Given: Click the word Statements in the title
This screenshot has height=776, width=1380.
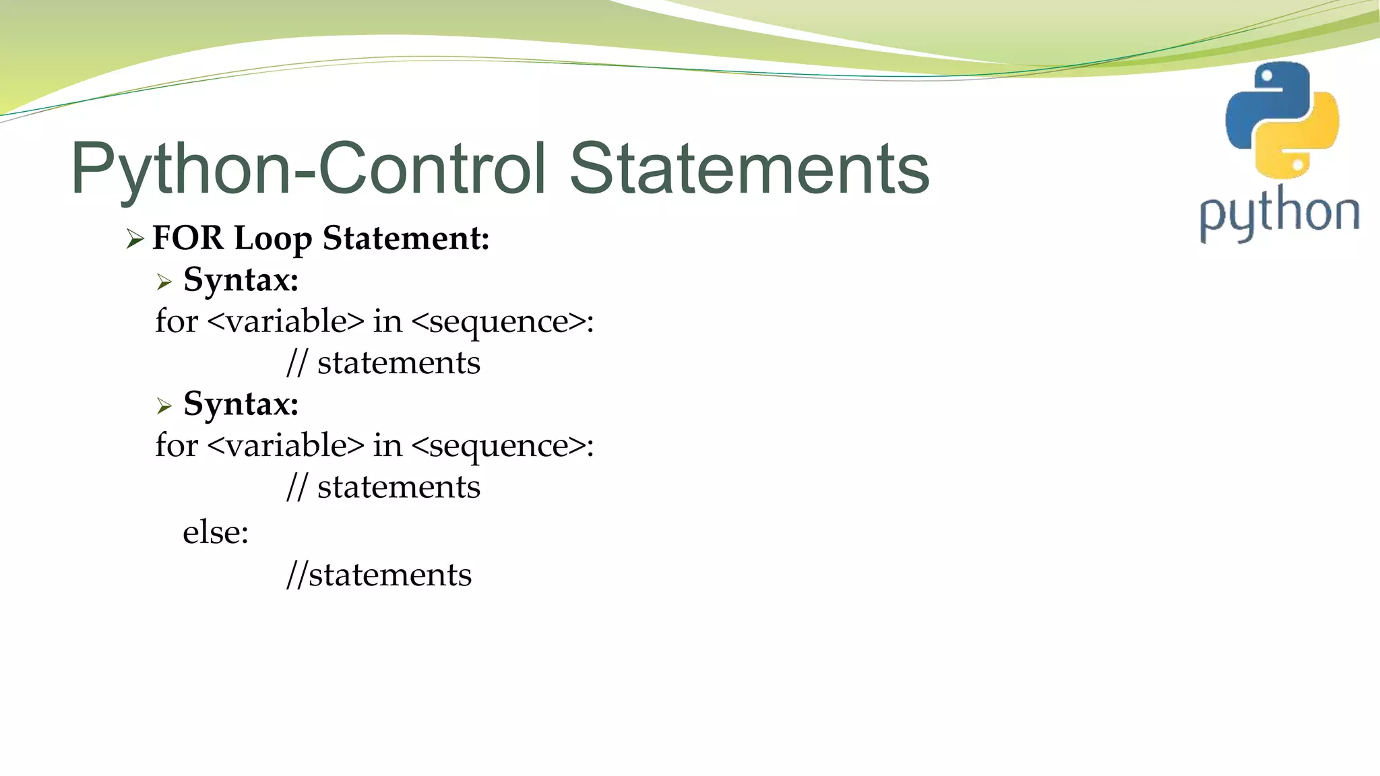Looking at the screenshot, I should (x=749, y=168).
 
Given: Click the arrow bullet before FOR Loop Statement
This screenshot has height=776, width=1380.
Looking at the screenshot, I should (x=135, y=239).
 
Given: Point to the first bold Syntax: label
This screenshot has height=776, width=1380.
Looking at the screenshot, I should (x=241, y=280).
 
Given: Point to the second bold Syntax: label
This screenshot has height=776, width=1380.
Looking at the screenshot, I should (x=241, y=404).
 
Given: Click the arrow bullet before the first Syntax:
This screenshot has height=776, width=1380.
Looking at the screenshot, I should (x=164, y=282).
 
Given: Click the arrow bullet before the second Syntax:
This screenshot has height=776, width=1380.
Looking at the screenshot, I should (x=164, y=406).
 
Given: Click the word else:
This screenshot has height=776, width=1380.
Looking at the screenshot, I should (x=216, y=533).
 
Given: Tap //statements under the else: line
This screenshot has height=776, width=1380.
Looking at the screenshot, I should (x=379, y=575).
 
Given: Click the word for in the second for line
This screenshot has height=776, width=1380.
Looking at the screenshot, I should (x=177, y=445).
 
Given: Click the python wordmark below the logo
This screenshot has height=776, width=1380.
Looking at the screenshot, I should (x=1279, y=214).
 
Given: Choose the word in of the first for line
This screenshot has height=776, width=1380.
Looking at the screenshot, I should (x=387, y=321).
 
